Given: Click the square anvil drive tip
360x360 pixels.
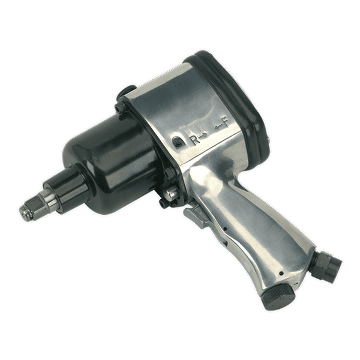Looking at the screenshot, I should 25,209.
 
